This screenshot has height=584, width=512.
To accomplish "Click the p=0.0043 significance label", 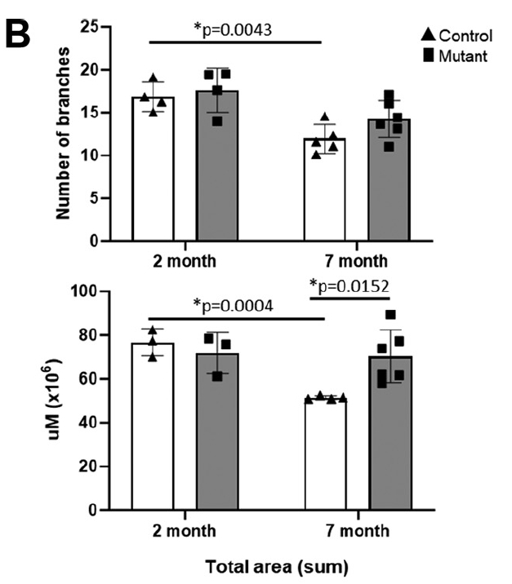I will coord(236,29).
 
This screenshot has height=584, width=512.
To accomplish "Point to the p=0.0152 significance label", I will coord(350,285).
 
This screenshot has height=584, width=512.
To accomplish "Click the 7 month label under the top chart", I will coord(354,263).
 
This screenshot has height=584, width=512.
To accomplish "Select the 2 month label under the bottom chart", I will coord(184,531).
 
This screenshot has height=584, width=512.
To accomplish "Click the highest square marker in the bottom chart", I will coord(390,315).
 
